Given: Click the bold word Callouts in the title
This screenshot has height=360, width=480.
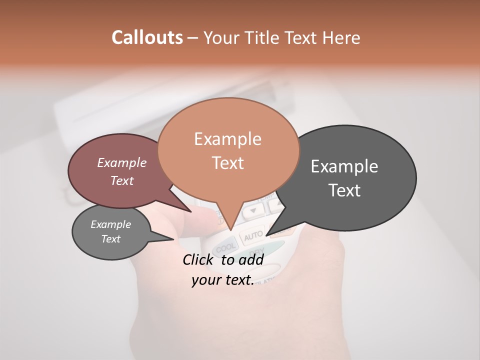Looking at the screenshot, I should point(147,37).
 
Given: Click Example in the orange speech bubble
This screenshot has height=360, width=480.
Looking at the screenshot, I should point(227,139).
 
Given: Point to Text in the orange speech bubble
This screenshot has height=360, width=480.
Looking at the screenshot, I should point(227,163).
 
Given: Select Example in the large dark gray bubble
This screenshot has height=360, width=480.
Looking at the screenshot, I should point(344,166).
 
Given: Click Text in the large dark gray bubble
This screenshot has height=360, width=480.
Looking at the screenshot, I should point(344,190).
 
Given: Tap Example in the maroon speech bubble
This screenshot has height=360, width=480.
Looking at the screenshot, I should point(122,162).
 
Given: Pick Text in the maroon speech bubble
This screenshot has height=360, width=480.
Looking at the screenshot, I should point(122,180).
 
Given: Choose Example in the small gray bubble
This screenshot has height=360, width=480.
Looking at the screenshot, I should point(110,224).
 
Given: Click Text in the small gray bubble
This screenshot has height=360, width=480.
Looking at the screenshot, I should point(110,239).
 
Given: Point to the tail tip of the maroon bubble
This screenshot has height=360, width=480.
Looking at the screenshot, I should point(191,211).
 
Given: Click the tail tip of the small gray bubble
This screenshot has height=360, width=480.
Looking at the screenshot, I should point(173,239).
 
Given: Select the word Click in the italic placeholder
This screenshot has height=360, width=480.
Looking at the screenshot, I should point(198,259).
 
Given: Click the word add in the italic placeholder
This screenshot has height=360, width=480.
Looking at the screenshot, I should point(251,259).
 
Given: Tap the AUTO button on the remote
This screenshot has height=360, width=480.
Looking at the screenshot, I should point(253,234).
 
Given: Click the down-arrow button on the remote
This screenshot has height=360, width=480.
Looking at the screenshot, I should point(253,210).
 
